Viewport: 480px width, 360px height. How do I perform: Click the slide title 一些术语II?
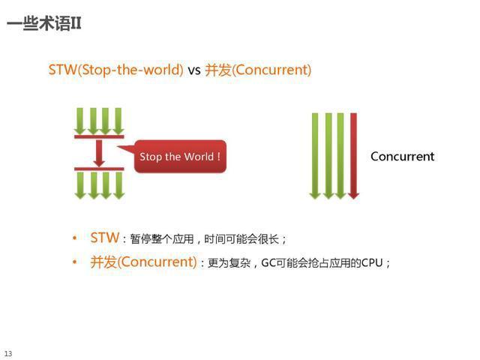click(44, 24)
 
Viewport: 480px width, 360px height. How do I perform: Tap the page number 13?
click(8, 353)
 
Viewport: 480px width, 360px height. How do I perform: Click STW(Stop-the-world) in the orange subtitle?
click(116, 70)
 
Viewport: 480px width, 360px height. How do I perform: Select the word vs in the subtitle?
click(194, 70)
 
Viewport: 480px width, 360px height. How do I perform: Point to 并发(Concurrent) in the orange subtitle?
click(258, 70)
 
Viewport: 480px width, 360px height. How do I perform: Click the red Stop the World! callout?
click(180, 157)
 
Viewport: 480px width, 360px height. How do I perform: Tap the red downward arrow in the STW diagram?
click(99, 152)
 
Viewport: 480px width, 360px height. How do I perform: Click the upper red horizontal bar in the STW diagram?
click(99, 136)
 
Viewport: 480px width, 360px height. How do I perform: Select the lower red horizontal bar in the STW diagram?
click(99, 169)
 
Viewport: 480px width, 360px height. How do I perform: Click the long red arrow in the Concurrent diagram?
click(353, 156)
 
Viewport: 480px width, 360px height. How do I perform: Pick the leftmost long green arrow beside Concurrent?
click(315, 156)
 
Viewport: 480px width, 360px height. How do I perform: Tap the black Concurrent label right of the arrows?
click(402, 157)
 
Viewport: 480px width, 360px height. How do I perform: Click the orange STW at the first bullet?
click(104, 238)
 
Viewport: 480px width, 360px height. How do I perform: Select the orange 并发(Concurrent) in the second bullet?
click(143, 262)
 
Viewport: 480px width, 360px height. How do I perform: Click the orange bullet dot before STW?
click(75, 238)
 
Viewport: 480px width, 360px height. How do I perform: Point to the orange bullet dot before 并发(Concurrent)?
click(75, 263)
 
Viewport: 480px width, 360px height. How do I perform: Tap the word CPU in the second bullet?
click(372, 263)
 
